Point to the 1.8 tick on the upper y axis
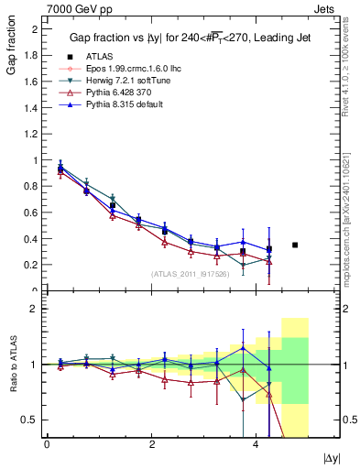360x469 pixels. (33, 55)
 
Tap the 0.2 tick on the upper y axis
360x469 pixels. (33, 265)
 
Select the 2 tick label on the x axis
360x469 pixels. (151, 445)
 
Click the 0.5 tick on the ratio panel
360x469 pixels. (33, 420)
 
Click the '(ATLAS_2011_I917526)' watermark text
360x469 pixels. (190, 274)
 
